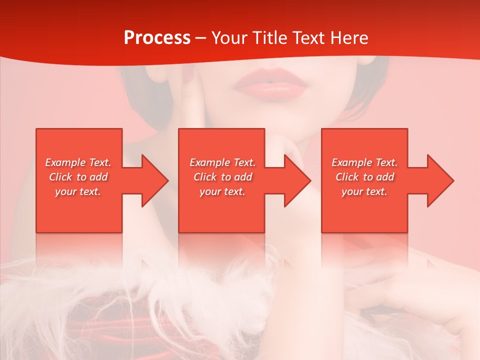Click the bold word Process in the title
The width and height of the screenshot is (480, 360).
coord(157,38)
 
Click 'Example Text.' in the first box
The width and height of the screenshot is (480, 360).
coord(78,162)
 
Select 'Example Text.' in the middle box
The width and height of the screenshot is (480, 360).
coord(222,162)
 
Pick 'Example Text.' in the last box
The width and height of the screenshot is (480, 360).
coord(364,162)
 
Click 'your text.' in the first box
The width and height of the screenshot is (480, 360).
coord(78,191)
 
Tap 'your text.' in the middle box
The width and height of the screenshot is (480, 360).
coord(222,191)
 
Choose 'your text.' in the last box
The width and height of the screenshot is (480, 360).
coord(364,191)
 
